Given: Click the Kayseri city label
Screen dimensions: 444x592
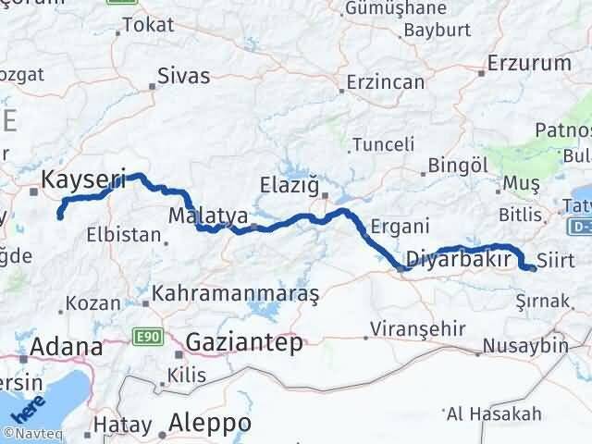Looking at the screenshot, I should pos(83,177).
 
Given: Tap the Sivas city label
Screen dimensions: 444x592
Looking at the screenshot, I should pos(183,76).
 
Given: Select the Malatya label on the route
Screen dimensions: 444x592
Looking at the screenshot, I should pos(209,216).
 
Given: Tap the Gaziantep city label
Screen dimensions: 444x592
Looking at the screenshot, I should pos(244,342).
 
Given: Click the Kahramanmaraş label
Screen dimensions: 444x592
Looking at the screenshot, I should pos(236,294).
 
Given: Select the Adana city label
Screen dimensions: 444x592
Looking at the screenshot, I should pos(67,347).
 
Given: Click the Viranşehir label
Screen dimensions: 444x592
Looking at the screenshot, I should pos(413,328).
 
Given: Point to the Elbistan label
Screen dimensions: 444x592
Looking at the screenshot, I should pos(123,234).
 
